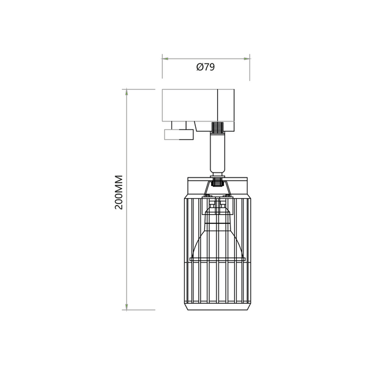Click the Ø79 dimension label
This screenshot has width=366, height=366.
pyautogui.click(x=205, y=68)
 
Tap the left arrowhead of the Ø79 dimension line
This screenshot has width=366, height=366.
pyautogui.click(x=165, y=59)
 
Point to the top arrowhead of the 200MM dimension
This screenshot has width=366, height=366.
pyautogui.click(x=126, y=93)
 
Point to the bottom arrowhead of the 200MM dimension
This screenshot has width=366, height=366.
pyautogui.click(x=126, y=306)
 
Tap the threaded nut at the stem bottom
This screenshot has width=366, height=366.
pyautogui.click(x=218, y=180)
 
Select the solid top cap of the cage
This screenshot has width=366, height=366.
pyautogui.click(x=218, y=185)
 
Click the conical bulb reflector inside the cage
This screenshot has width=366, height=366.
pyautogui.click(x=218, y=238)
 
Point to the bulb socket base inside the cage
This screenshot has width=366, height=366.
pyautogui.click(x=218, y=210)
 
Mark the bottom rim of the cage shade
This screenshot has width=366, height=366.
pyautogui.click(x=218, y=308)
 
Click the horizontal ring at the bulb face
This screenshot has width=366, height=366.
pyautogui.click(x=218, y=259)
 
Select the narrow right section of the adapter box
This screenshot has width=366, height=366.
pyautogui.click(x=226, y=105)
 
